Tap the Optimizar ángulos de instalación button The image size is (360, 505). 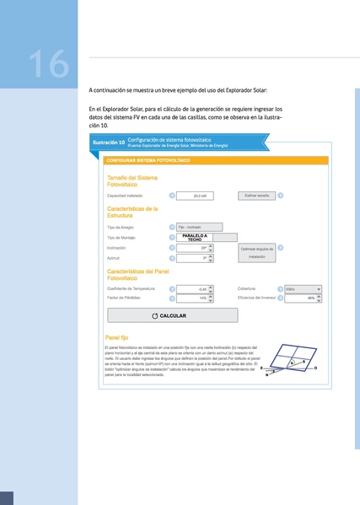[x=256, y=252]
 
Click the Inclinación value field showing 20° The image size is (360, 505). [x=193, y=248]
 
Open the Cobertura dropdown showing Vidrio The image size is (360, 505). [x=304, y=288]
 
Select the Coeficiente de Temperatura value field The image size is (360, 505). [x=193, y=288]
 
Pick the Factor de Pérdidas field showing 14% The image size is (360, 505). [x=193, y=298]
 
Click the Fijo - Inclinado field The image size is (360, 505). [x=200, y=227]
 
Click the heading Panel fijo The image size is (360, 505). [x=119, y=336]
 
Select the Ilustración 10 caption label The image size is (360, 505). [x=109, y=143]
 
